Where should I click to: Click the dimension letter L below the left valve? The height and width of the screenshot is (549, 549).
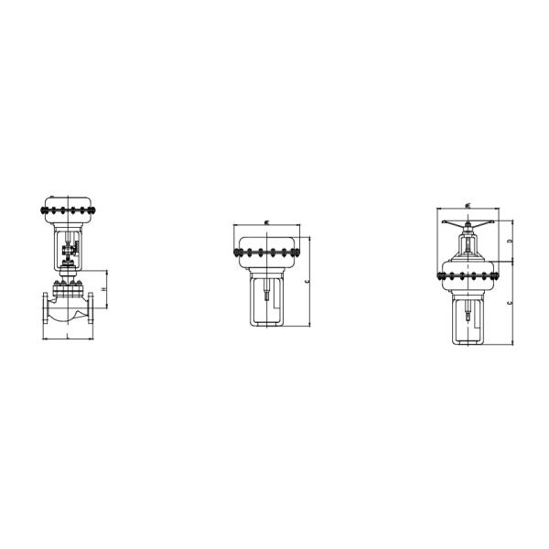coord(69,337)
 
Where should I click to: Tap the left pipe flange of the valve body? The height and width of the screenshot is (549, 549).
coord(45,315)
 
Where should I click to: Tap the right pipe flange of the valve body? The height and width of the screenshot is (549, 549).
coord(94,315)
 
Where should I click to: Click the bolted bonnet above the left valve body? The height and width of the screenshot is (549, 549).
coord(69,292)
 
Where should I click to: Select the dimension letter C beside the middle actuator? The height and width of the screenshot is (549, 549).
coord(307,283)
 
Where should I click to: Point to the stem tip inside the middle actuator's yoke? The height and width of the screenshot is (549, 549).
coord(264,297)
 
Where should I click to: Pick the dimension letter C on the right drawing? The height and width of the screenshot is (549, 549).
coord(510,301)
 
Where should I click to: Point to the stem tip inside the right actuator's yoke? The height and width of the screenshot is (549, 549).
coord(468,316)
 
